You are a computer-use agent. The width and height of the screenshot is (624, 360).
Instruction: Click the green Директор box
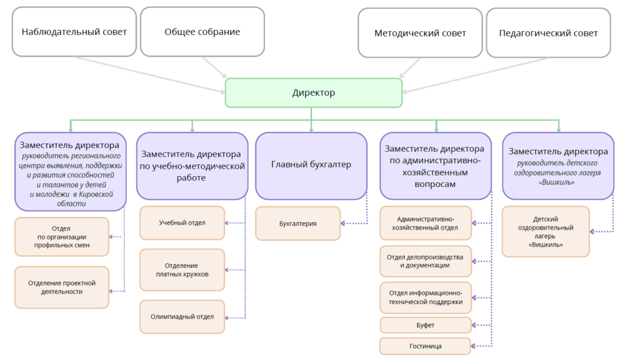coord(313,93)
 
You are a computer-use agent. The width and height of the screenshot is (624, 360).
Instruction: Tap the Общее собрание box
coord(202,32)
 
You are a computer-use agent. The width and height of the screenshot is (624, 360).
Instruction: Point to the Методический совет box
coord(420,33)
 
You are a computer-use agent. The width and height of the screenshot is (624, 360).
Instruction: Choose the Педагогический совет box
coord(548,33)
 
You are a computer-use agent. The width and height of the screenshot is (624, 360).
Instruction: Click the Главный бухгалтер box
coord(311,164)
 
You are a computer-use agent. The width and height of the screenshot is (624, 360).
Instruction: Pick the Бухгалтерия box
coord(298,224)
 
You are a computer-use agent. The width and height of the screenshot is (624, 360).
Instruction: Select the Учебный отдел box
coord(182,223)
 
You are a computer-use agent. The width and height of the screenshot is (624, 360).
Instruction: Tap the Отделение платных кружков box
coord(182,270)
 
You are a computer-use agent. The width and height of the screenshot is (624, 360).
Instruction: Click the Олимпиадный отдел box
coord(182,317)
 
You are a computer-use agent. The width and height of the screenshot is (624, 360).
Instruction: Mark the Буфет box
coord(425,325)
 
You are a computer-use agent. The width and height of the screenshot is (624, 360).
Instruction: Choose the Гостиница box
coord(425,346)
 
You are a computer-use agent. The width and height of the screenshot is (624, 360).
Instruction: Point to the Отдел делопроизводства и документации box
coord(425,261)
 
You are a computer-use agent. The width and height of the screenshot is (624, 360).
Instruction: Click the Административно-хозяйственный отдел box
coord(425,223)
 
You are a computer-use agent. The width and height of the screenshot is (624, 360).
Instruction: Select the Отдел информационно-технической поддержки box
coord(425,297)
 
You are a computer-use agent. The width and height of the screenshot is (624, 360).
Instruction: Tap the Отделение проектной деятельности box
coord(62,287)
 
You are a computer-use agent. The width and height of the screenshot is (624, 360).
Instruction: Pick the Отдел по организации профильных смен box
coord(62,237)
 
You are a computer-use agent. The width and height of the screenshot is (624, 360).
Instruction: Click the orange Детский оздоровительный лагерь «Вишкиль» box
coord(546,231)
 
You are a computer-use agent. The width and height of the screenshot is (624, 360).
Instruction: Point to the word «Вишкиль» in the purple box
coord(558,182)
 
